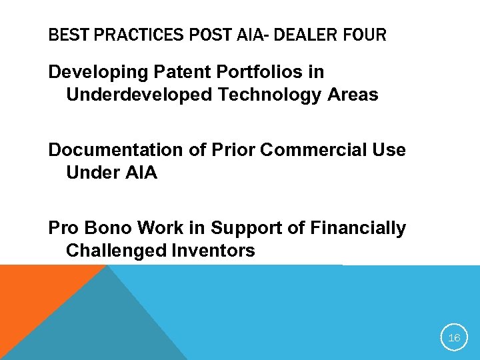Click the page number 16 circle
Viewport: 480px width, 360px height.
pyautogui.click(x=454, y=338)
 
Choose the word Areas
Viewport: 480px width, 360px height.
pyautogui.click(x=353, y=95)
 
